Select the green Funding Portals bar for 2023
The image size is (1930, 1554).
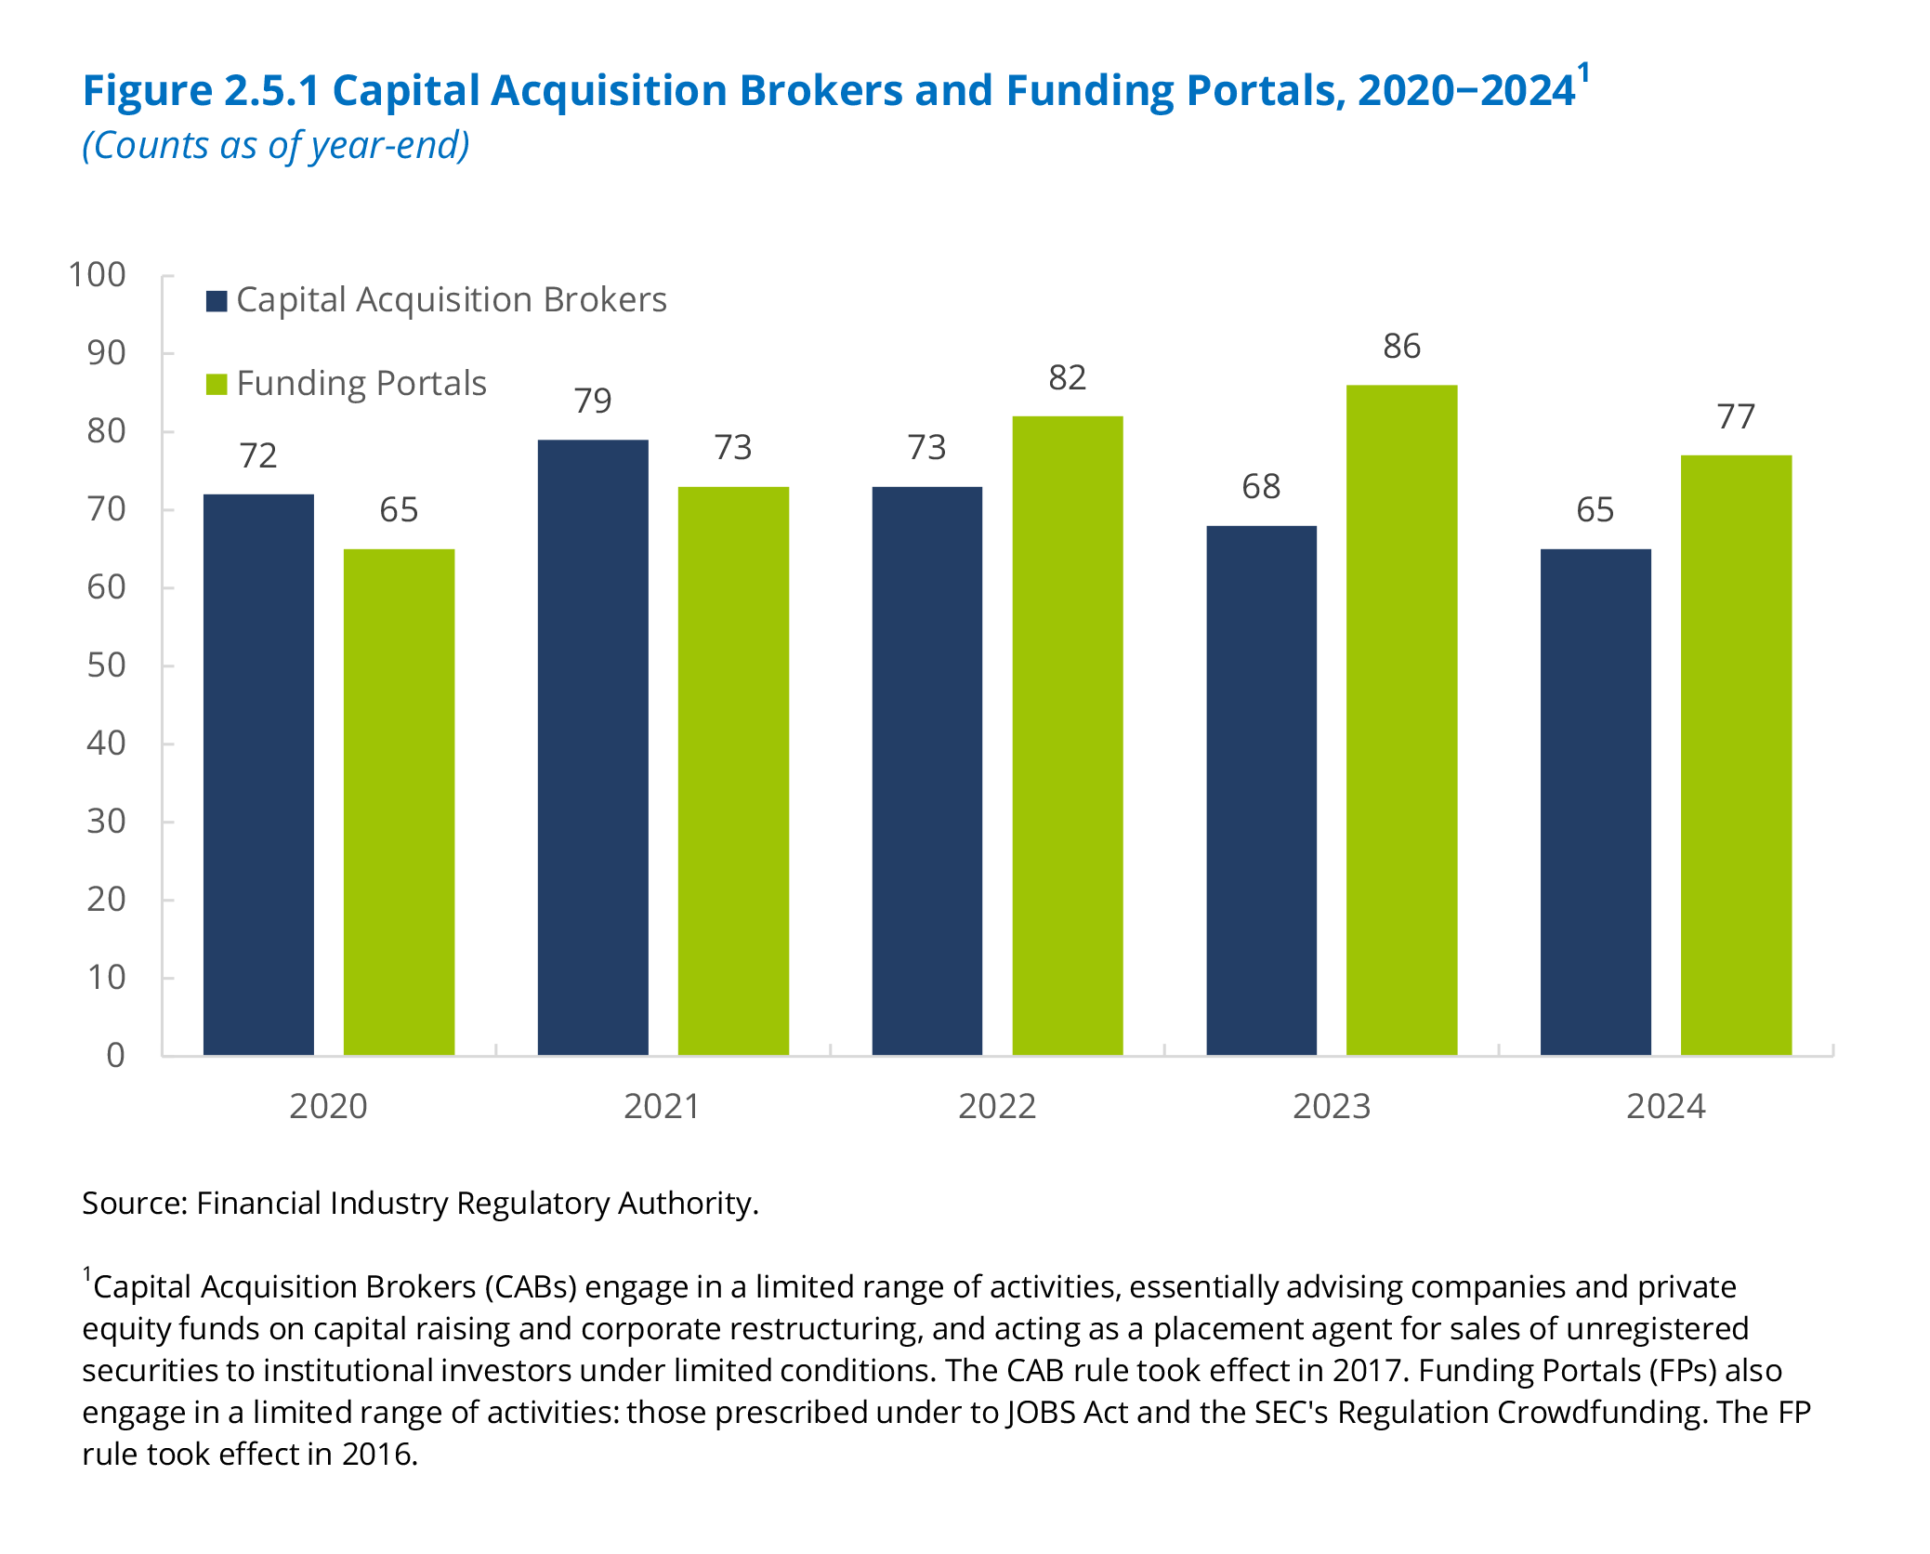tap(1401, 719)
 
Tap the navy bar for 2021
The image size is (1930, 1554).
tap(593, 747)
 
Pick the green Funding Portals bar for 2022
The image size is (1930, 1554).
tap(1067, 735)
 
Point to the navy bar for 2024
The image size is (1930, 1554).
tap(1595, 801)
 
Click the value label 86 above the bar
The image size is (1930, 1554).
tap(1401, 347)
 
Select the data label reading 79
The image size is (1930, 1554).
tap(593, 401)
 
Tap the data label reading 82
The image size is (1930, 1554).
tap(1067, 378)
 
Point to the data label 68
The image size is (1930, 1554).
tap(1261, 486)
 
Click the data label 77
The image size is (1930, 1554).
tap(1736, 417)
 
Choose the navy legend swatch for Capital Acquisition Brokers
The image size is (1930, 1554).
tap(217, 301)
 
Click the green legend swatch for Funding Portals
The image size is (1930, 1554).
tap(217, 385)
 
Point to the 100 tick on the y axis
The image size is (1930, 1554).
tap(97, 275)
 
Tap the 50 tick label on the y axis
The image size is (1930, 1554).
tap(106, 665)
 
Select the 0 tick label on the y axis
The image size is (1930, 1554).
tap(115, 1055)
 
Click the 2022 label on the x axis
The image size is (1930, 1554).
tap(997, 1107)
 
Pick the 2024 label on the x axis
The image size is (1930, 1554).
tap(1666, 1107)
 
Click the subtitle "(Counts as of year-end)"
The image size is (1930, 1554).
tap(276, 146)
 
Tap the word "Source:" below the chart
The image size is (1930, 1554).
tap(136, 1204)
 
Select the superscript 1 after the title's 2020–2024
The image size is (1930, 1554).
tap(1583, 72)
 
